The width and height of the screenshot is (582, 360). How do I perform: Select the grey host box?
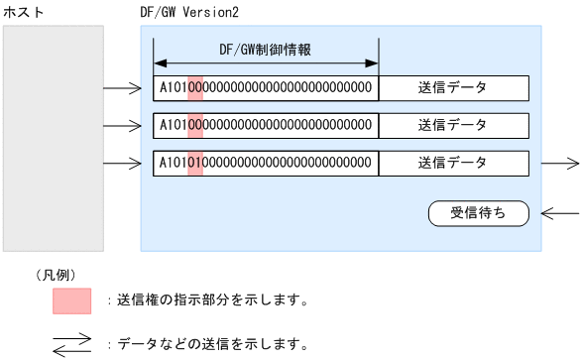[x=54, y=138]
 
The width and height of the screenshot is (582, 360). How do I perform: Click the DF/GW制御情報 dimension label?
[x=266, y=49]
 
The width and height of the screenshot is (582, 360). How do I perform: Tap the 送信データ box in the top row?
[x=453, y=87]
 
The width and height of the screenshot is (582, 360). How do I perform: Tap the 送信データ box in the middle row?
[x=453, y=125]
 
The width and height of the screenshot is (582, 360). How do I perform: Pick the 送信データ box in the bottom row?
[x=453, y=163]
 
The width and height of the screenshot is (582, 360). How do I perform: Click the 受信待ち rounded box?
[x=478, y=212]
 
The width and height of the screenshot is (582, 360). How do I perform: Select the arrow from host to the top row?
[x=123, y=88]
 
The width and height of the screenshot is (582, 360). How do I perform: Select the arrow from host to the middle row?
[x=123, y=126]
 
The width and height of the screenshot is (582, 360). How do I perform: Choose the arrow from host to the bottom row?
[x=123, y=164]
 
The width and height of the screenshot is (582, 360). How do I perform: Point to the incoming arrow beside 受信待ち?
[x=561, y=212]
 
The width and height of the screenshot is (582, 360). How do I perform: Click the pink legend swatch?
[x=71, y=300]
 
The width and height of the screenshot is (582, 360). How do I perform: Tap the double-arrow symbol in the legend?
[x=71, y=345]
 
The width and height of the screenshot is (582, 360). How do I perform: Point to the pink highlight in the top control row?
[x=195, y=87]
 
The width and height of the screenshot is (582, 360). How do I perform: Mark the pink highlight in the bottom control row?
[x=195, y=163]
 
